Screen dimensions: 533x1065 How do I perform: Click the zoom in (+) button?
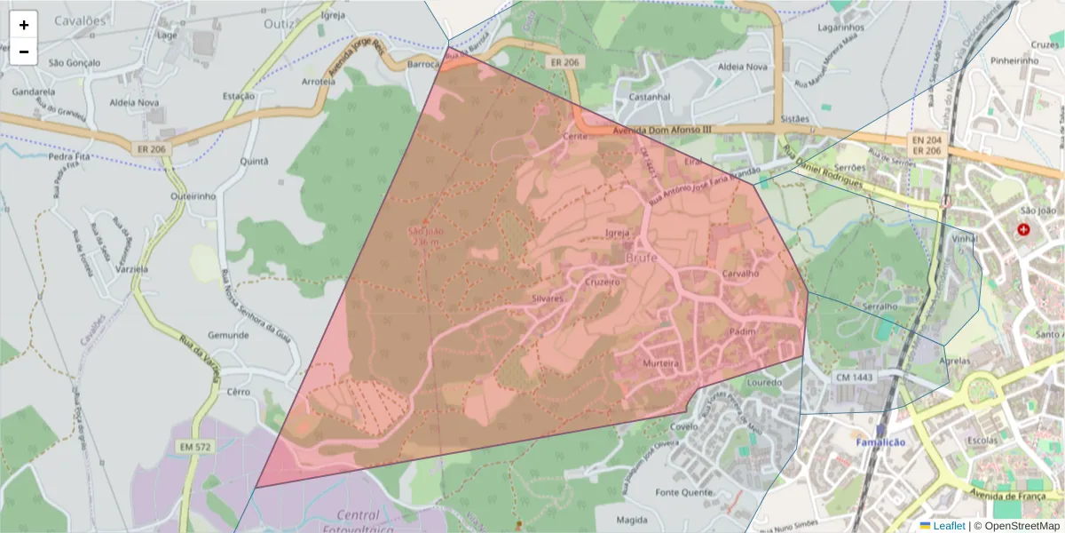24,25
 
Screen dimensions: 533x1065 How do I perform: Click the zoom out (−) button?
24,52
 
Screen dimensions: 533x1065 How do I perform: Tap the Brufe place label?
643,258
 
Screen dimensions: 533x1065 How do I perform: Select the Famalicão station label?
880,442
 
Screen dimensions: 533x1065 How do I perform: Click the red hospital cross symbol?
1024,230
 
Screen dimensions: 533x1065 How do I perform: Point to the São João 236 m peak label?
424,236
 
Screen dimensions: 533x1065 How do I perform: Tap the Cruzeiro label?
602,281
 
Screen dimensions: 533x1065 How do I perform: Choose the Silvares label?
548,298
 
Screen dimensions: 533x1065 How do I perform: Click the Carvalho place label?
740,274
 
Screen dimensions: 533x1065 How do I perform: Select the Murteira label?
660,363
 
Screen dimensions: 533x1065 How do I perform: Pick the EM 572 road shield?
194,446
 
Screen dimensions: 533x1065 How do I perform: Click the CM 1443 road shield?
854,378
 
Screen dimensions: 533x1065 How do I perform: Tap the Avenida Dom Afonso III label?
662,130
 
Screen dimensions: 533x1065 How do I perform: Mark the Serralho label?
880,306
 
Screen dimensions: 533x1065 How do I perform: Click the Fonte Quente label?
683,492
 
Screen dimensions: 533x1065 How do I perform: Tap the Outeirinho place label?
193,195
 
